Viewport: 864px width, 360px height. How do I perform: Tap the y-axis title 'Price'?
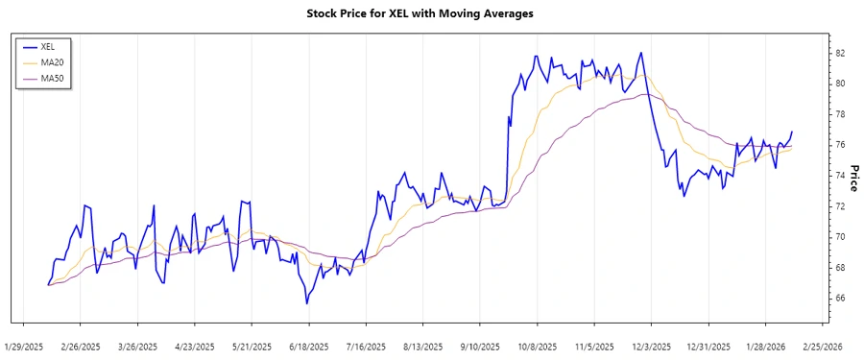coord(853,176)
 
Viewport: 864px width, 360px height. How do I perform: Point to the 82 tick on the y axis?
coord(839,53)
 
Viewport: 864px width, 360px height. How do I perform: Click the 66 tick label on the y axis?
coord(839,299)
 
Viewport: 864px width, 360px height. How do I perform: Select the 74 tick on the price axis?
coord(839,176)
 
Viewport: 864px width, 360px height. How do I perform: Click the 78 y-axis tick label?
coord(839,114)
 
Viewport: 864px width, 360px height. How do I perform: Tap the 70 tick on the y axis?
coord(839,237)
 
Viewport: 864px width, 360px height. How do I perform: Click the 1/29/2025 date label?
coord(24,346)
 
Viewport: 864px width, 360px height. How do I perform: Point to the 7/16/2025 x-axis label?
coord(366,346)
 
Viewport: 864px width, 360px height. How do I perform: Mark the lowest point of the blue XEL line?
coord(307,303)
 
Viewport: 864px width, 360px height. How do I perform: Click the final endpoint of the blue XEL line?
coord(792,132)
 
